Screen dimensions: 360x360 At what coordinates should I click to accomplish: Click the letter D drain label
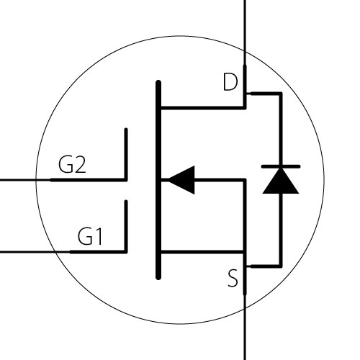pyautogui.click(x=230, y=82)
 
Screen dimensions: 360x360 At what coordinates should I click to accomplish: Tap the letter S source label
pyautogui.click(x=233, y=278)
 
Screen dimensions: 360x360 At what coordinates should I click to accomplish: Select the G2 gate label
pyautogui.click(x=72, y=164)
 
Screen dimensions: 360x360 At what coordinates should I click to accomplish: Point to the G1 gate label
pyautogui.click(x=90, y=236)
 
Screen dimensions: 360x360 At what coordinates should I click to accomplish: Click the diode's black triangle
pyautogui.click(x=281, y=181)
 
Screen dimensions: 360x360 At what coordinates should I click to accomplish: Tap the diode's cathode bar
pyautogui.click(x=281, y=166)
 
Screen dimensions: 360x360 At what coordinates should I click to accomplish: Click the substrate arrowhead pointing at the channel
pyautogui.click(x=181, y=180)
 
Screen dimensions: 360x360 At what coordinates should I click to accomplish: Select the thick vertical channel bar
pyautogui.click(x=158, y=180)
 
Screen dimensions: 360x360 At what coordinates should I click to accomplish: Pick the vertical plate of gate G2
pyautogui.click(x=126, y=154)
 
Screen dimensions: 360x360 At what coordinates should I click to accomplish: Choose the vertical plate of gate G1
pyautogui.click(x=126, y=226)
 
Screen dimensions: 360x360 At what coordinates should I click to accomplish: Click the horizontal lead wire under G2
pyautogui.click(x=63, y=180)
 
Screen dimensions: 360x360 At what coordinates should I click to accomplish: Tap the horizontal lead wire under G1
pyautogui.click(x=63, y=252)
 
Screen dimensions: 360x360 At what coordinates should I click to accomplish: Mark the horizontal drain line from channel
pyautogui.click(x=203, y=108)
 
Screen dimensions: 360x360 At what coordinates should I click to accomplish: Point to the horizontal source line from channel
pyautogui.click(x=203, y=252)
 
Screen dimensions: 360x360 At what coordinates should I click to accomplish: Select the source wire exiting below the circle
pyautogui.click(x=245, y=328)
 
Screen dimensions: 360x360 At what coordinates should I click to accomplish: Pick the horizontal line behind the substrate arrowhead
pyautogui.click(x=220, y=180)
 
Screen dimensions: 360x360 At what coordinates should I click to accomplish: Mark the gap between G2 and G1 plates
pyautogui.click(x=126, y=190)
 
